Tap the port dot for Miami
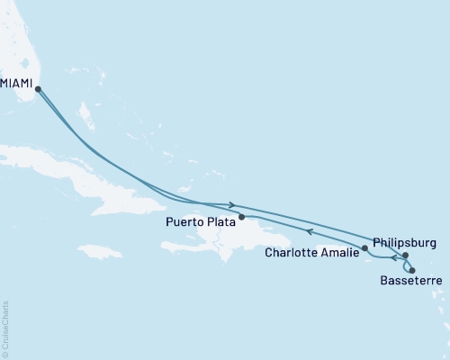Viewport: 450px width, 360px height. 38,87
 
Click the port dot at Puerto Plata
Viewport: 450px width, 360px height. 241,216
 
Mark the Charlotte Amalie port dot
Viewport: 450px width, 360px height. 364,247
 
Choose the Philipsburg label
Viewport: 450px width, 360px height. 403,243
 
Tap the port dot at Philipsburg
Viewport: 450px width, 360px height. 406,256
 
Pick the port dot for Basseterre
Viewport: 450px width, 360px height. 412,270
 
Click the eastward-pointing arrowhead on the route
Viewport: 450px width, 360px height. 233,205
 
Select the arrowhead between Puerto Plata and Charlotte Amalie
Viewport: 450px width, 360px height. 309,231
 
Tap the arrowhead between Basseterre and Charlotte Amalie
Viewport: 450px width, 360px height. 392,261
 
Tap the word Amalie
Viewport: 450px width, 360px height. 339,253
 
